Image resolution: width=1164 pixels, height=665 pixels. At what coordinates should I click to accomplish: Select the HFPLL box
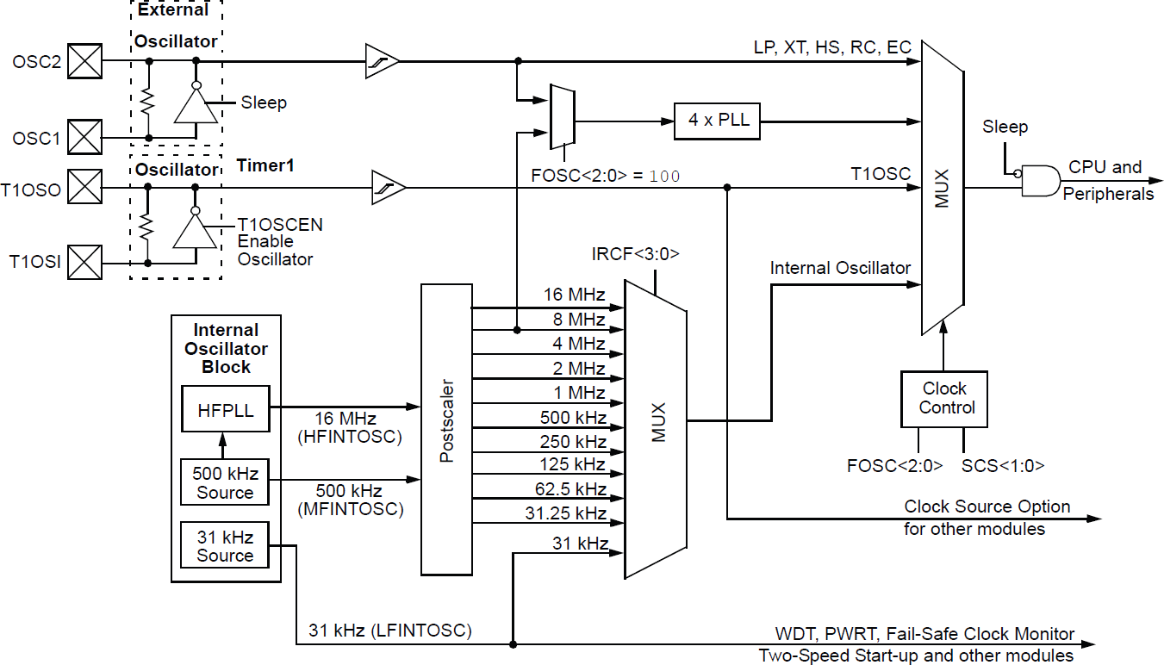(x=225, y=410)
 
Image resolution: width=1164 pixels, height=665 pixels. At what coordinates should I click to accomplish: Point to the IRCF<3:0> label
(x=636, y=254)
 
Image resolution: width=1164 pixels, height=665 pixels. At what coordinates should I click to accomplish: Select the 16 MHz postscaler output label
(x=574, y=295)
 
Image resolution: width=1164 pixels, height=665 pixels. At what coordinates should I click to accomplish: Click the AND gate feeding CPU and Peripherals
(x=1038, y=181)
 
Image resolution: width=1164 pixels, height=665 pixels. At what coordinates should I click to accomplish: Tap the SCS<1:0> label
(x=1003, y=466)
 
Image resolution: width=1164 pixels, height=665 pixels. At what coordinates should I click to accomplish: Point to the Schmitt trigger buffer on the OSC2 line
(x=382, y=62)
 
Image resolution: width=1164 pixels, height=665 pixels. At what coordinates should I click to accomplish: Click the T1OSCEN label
(x=280, y=225)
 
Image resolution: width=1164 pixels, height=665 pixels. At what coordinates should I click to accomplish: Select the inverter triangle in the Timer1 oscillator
(x=195, y=230)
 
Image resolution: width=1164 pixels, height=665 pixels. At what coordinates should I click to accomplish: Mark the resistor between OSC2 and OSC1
(x=148, y=102)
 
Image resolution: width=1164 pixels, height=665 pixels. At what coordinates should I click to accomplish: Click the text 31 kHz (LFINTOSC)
(x=390, y=631)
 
